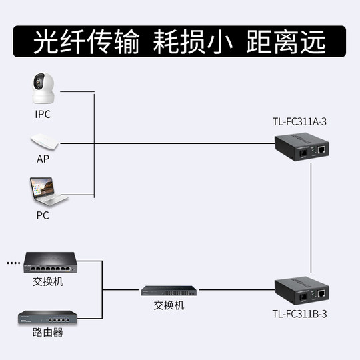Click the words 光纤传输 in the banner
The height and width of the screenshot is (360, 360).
86,41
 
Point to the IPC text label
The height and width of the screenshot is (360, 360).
43,114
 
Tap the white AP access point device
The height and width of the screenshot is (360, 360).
45,143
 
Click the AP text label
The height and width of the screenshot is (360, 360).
43,161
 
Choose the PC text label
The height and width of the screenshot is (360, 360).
43,216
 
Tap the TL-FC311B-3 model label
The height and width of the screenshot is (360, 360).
300,313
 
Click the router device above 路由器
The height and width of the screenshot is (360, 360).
47,316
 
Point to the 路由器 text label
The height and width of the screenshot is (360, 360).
47,333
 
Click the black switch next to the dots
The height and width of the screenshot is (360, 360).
49,263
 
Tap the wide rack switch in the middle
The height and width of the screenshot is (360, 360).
169,291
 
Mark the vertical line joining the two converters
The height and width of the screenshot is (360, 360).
311,220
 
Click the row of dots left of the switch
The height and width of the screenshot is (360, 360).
13,263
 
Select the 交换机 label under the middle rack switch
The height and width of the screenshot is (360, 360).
169,306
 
